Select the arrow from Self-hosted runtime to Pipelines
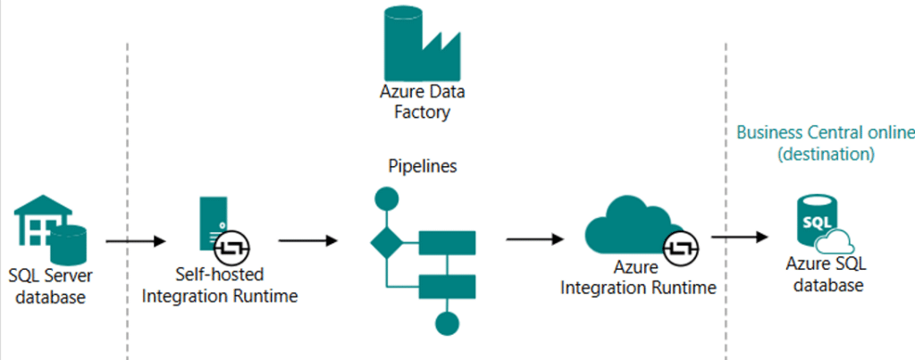307,239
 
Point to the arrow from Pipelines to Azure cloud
534,239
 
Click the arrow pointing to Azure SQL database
739,237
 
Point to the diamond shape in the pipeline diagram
386,242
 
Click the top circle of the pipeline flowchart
386,197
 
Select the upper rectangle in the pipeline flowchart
447,242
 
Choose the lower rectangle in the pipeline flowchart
447,287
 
